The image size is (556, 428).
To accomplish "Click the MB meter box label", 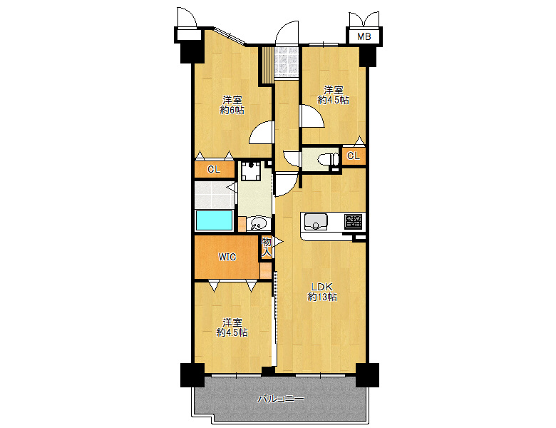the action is (364, 36).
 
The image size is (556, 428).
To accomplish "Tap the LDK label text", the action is (321, 286).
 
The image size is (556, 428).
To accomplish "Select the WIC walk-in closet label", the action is (227, 257).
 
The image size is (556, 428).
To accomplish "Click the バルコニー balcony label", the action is (280, 399).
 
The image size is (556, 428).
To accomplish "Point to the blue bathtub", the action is (214, 220).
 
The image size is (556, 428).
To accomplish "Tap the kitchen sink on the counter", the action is (315, 222).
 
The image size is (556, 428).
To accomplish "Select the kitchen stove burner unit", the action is (353, 221).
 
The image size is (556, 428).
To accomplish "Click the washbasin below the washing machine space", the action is (259, 223).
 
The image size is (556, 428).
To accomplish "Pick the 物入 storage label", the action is (267, 247).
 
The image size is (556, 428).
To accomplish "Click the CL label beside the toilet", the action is (353, 156).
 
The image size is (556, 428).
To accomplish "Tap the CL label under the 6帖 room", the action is (213, 169).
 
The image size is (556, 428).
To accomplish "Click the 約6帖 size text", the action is (232, 110).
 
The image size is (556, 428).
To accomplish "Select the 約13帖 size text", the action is (322, 297).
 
